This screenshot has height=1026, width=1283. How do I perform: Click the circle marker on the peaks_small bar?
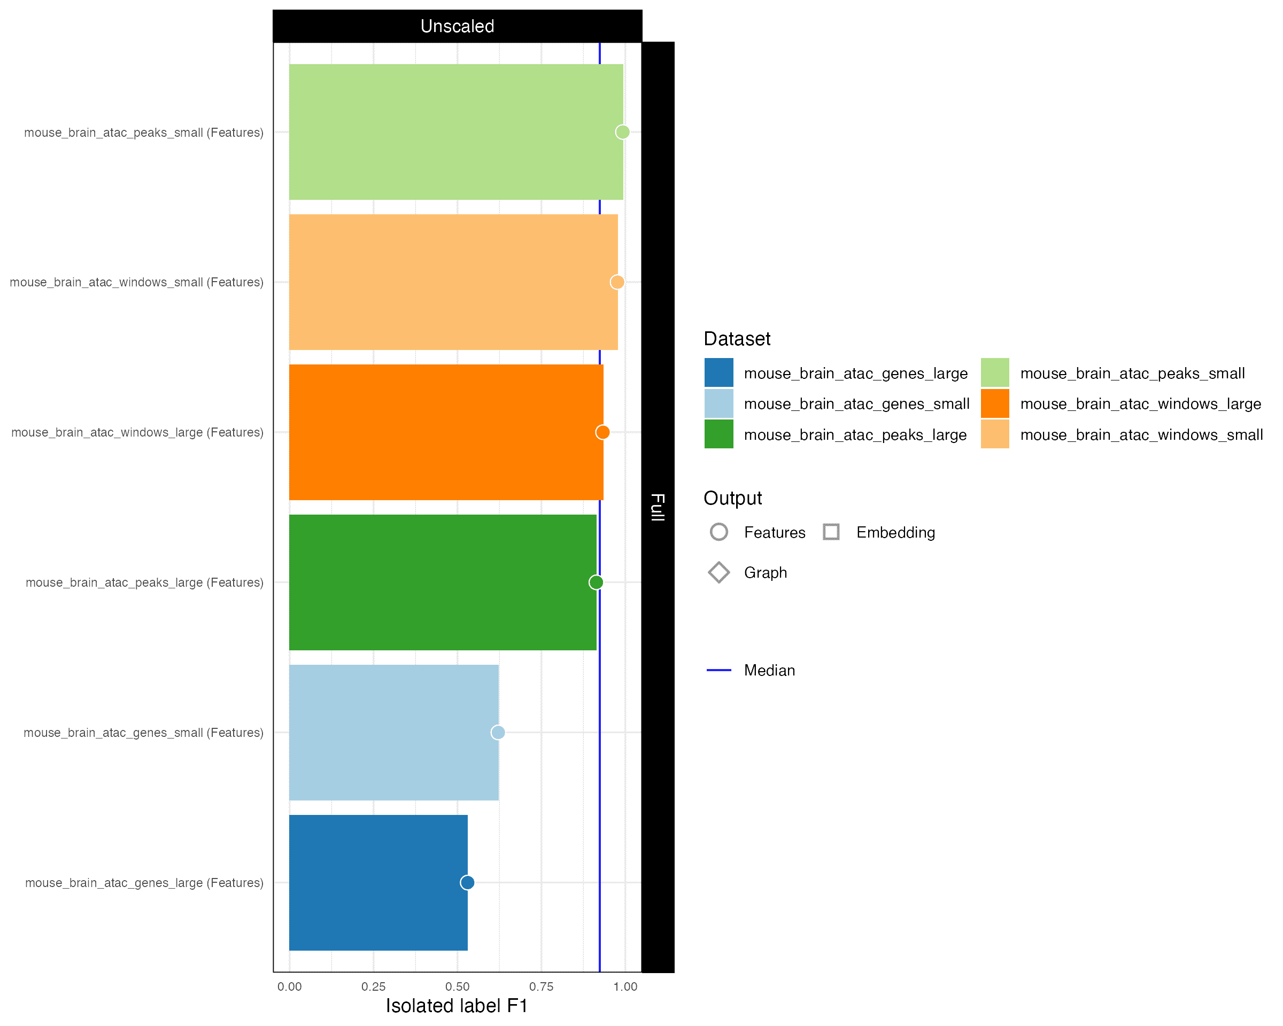click(x=622, y=132)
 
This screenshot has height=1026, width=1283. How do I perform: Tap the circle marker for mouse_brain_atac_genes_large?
click(x=467, y=883)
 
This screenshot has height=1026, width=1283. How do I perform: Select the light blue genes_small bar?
click(x=393, y=732)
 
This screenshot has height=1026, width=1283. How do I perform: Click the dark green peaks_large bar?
click(x=442, y=582)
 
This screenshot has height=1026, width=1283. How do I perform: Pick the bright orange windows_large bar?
click(x=446, y=432)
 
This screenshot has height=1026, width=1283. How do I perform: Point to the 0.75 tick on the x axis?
click(x=541, y=987)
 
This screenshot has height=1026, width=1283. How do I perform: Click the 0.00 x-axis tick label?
click(x=289, y=987)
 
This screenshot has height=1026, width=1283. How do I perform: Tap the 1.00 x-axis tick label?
click(x=625, y=987)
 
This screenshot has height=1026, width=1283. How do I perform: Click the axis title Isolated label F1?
click(x=457, y=1006)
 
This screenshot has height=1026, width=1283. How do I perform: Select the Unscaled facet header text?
click(x=457, y=26)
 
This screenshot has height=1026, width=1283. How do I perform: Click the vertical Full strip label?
click(x=658, y=507)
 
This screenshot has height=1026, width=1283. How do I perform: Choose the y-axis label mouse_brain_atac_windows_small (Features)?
click(x=136, y=283)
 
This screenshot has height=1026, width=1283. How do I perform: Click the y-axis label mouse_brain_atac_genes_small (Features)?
click(x=143, y=733)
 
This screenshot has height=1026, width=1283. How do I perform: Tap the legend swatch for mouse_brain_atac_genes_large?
click(x=719, y=373)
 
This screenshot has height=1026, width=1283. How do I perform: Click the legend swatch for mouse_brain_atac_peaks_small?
click(x=995, y=373)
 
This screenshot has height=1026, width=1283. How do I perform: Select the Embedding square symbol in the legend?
click(x=831, y=532)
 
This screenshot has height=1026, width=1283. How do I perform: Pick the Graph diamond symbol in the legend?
click(x=719, y=572)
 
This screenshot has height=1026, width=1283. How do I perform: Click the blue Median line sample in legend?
click(x=719, y=670)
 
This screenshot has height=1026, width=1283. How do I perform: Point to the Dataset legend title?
click(x=737, y=339)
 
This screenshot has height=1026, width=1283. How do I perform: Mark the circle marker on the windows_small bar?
click(x=617, y=282)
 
